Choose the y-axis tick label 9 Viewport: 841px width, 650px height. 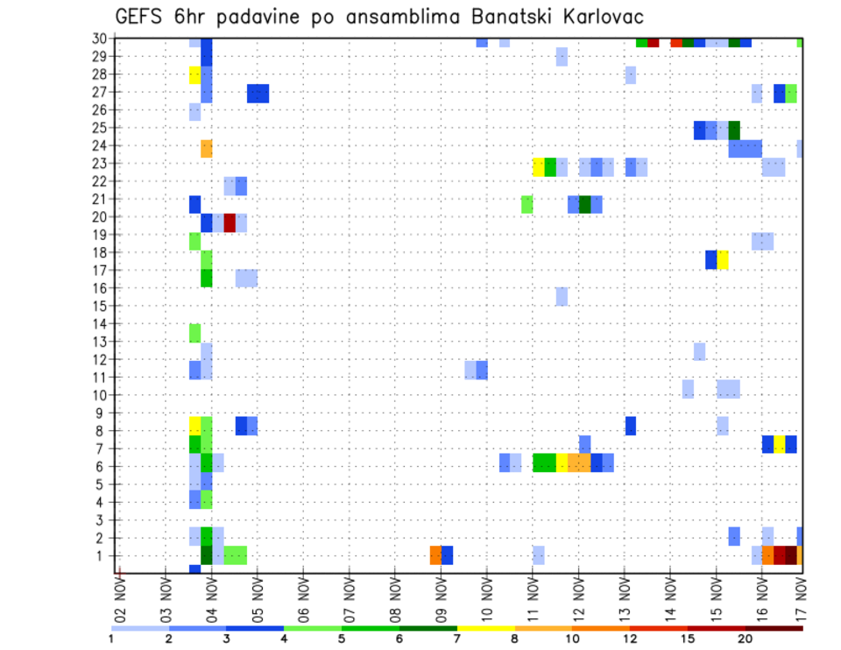[x=103, y=413]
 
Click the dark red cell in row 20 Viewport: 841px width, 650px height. [x=230, y=223]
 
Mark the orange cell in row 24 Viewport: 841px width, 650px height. [x=207, y=149]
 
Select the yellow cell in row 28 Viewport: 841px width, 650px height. [x=194, y=75]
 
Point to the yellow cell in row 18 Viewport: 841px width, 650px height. [x=723, y=260]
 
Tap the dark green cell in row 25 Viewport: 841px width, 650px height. [x=734, y=131]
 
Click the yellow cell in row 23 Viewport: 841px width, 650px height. [x=539, y=166]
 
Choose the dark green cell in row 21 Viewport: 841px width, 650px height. [x=585, y=204]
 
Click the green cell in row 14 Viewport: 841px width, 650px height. [x=194, y=333]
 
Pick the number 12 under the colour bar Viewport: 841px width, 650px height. [x=631, y=638]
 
